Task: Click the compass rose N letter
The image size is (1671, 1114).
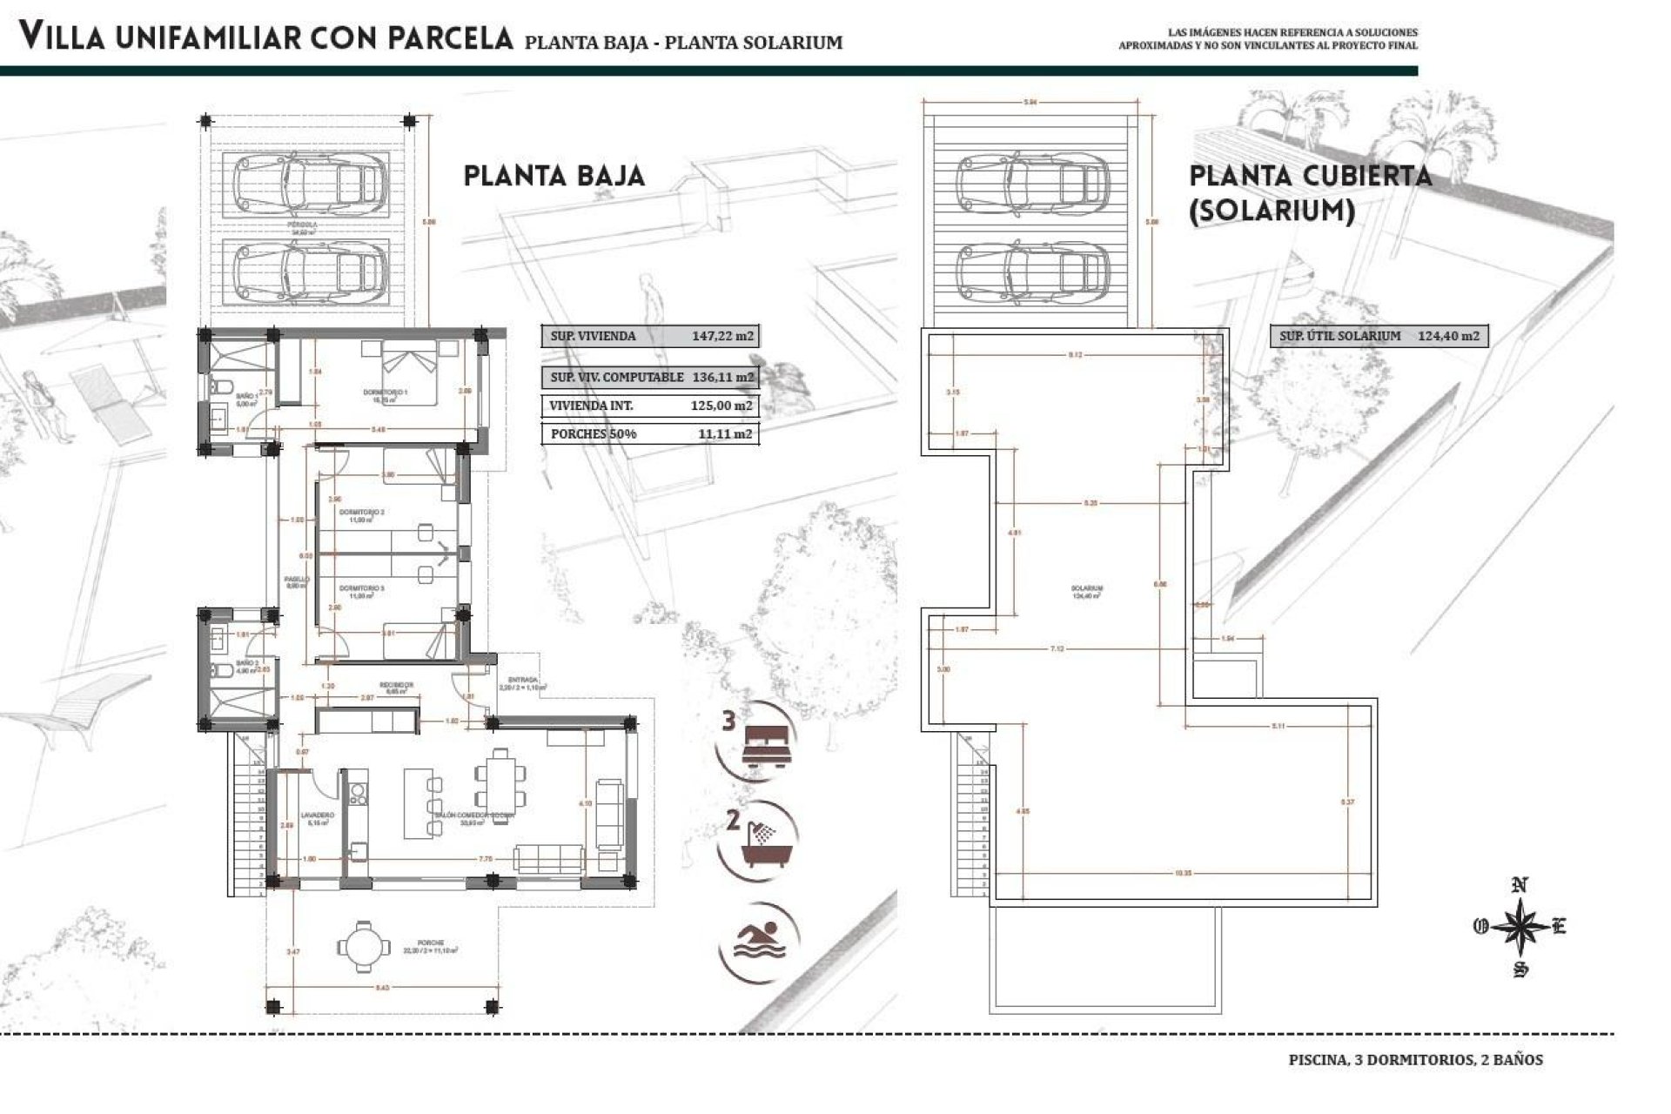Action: click(1520, 887)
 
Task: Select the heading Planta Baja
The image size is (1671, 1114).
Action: click(554, 176)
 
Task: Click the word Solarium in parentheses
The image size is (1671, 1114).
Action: click(1272, 211)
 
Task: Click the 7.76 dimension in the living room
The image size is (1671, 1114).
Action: click(486, 858)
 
